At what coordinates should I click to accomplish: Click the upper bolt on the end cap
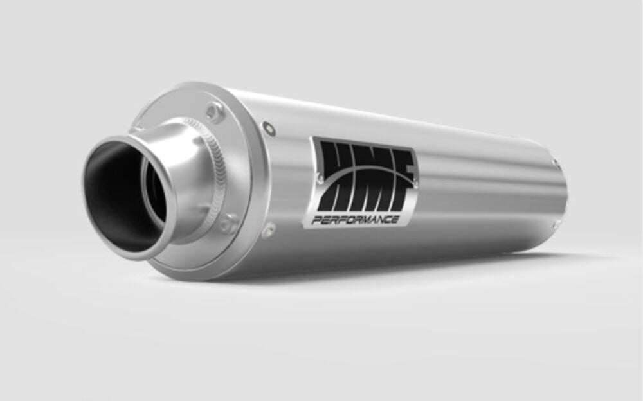pyautogui.click(x=214, y=112)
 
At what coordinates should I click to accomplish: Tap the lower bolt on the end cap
pyautogui.click(x=228, y=224)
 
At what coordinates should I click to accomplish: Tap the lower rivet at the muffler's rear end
pyautogui.click(x=557, y=223)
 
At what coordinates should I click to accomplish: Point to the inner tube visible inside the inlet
pyautogui.click(x=154, y=193)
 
